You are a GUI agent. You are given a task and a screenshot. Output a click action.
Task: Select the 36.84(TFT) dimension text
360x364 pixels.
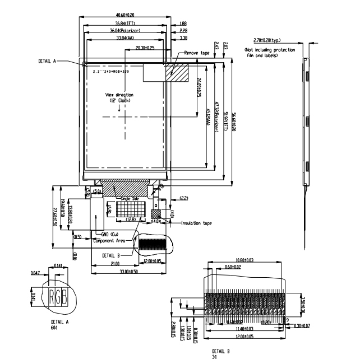[x=126, y=23]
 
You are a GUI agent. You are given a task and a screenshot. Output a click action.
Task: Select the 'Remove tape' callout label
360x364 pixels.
[x=197, y=53]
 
